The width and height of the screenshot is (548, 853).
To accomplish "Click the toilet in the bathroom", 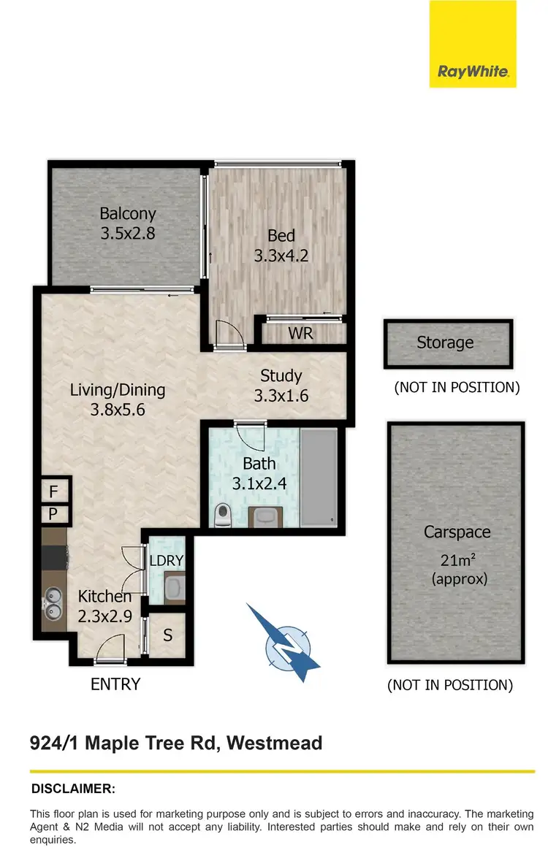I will (223, 516).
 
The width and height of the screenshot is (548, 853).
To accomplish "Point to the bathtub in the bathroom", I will (319, 478).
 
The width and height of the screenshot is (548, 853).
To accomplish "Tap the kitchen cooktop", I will (53, 559).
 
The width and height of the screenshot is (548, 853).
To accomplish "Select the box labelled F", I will (53, 491).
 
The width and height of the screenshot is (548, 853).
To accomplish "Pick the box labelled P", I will (53, 514).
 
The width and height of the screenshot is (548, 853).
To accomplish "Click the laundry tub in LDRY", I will (173, 586).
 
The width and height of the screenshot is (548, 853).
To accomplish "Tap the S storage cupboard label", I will (167, 635).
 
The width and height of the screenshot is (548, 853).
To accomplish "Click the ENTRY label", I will (115, 684).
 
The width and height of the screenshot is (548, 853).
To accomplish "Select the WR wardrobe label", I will (300, 334).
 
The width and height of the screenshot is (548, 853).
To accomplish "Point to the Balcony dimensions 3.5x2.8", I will (128, 234).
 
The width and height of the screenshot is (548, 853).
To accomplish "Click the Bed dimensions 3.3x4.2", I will (281, 256).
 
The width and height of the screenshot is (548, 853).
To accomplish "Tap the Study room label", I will (281, 376).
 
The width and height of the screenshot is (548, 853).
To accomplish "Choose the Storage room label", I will (445, 343).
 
